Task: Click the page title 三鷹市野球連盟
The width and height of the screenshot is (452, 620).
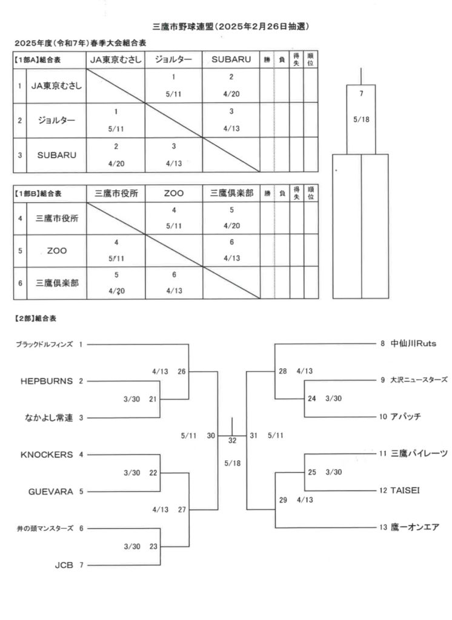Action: click(x=183, y=27)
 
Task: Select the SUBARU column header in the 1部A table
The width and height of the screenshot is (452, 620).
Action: click(x=231, y=59)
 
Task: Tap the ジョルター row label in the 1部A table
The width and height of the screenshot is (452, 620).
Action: click(x=56, y=120)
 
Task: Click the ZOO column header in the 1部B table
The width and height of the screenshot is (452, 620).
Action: click(x=174, y=193)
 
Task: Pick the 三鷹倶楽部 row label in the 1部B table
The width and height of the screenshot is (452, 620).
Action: click(x=57, y=283)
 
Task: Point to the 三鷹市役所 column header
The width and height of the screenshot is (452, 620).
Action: click(x=116, y=193)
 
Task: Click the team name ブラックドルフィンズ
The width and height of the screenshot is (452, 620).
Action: click(x=44, y=345)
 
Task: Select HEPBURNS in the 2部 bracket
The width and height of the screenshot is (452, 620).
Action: click(x=47, y=381)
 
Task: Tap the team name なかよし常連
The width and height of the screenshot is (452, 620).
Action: click(x=49, y=418)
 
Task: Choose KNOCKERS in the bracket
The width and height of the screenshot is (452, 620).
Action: click(x=47, y=455)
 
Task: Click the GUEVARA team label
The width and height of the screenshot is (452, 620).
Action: click(x=51, y=492)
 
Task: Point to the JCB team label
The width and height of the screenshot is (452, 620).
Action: click(x=64, y=565)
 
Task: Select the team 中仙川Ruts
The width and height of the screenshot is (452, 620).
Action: click(x=413, y=343)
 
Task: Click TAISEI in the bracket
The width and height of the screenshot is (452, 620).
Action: click(x=405, y=490)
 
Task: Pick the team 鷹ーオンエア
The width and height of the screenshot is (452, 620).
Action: click(x=415, y=527)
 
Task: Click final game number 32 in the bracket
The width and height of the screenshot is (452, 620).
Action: click(x=232, y=441)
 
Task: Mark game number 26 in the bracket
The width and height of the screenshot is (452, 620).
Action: click(x=182, y=371)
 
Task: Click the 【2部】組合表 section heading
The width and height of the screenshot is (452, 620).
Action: click(x=35, y=318)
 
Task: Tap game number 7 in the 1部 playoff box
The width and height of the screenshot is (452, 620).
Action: click(x=361, y=94)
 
